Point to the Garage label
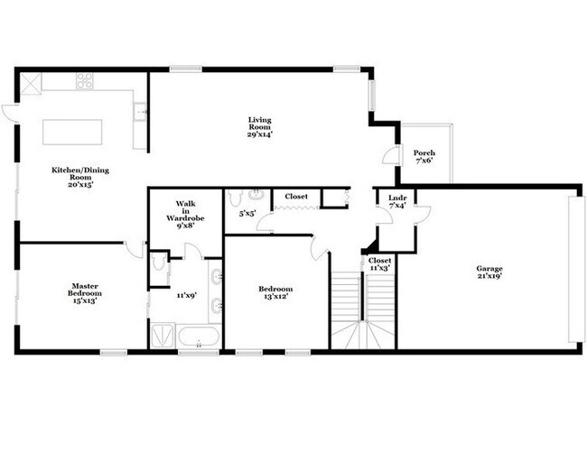pos(489,268)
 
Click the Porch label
pos(424,152)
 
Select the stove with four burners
pos(84,81)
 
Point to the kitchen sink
pos(140,113)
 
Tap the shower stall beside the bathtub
pos(163,336)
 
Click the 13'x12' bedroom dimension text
pos(275,298)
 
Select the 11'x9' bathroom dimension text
pos(187,295)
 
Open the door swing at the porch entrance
pos(389,155)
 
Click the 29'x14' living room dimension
pos(260,134)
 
